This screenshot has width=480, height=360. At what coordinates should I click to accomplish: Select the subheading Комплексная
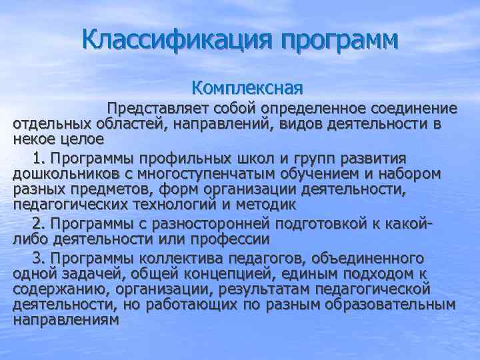247,88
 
